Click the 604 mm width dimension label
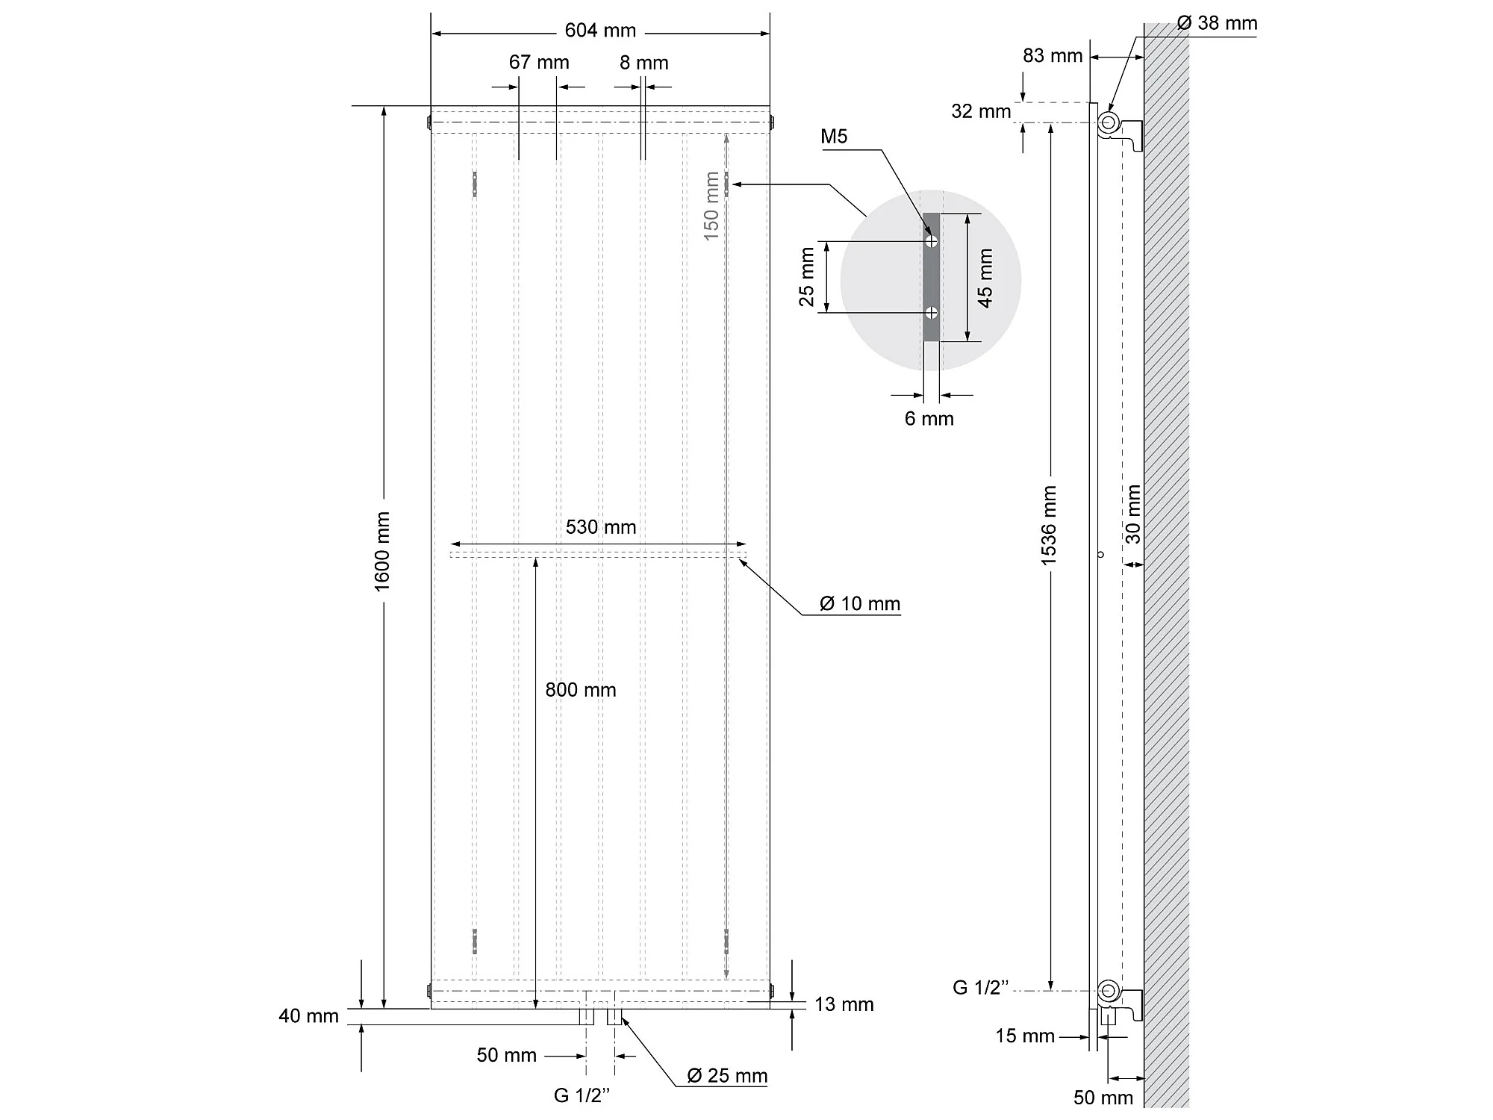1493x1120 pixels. pos(600,31)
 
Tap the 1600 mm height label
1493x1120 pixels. pos(382,551)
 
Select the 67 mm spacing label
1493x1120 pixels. pos(539,62)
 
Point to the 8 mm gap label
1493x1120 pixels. pos(643,63)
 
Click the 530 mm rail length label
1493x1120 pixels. pos(601,527)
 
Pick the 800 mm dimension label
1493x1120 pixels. pos(581,690)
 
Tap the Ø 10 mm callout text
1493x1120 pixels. pos(860,603)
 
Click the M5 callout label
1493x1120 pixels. pos(834,136)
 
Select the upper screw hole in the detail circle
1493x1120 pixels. pos(931,241)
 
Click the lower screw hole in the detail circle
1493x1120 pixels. pos(931,312)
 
